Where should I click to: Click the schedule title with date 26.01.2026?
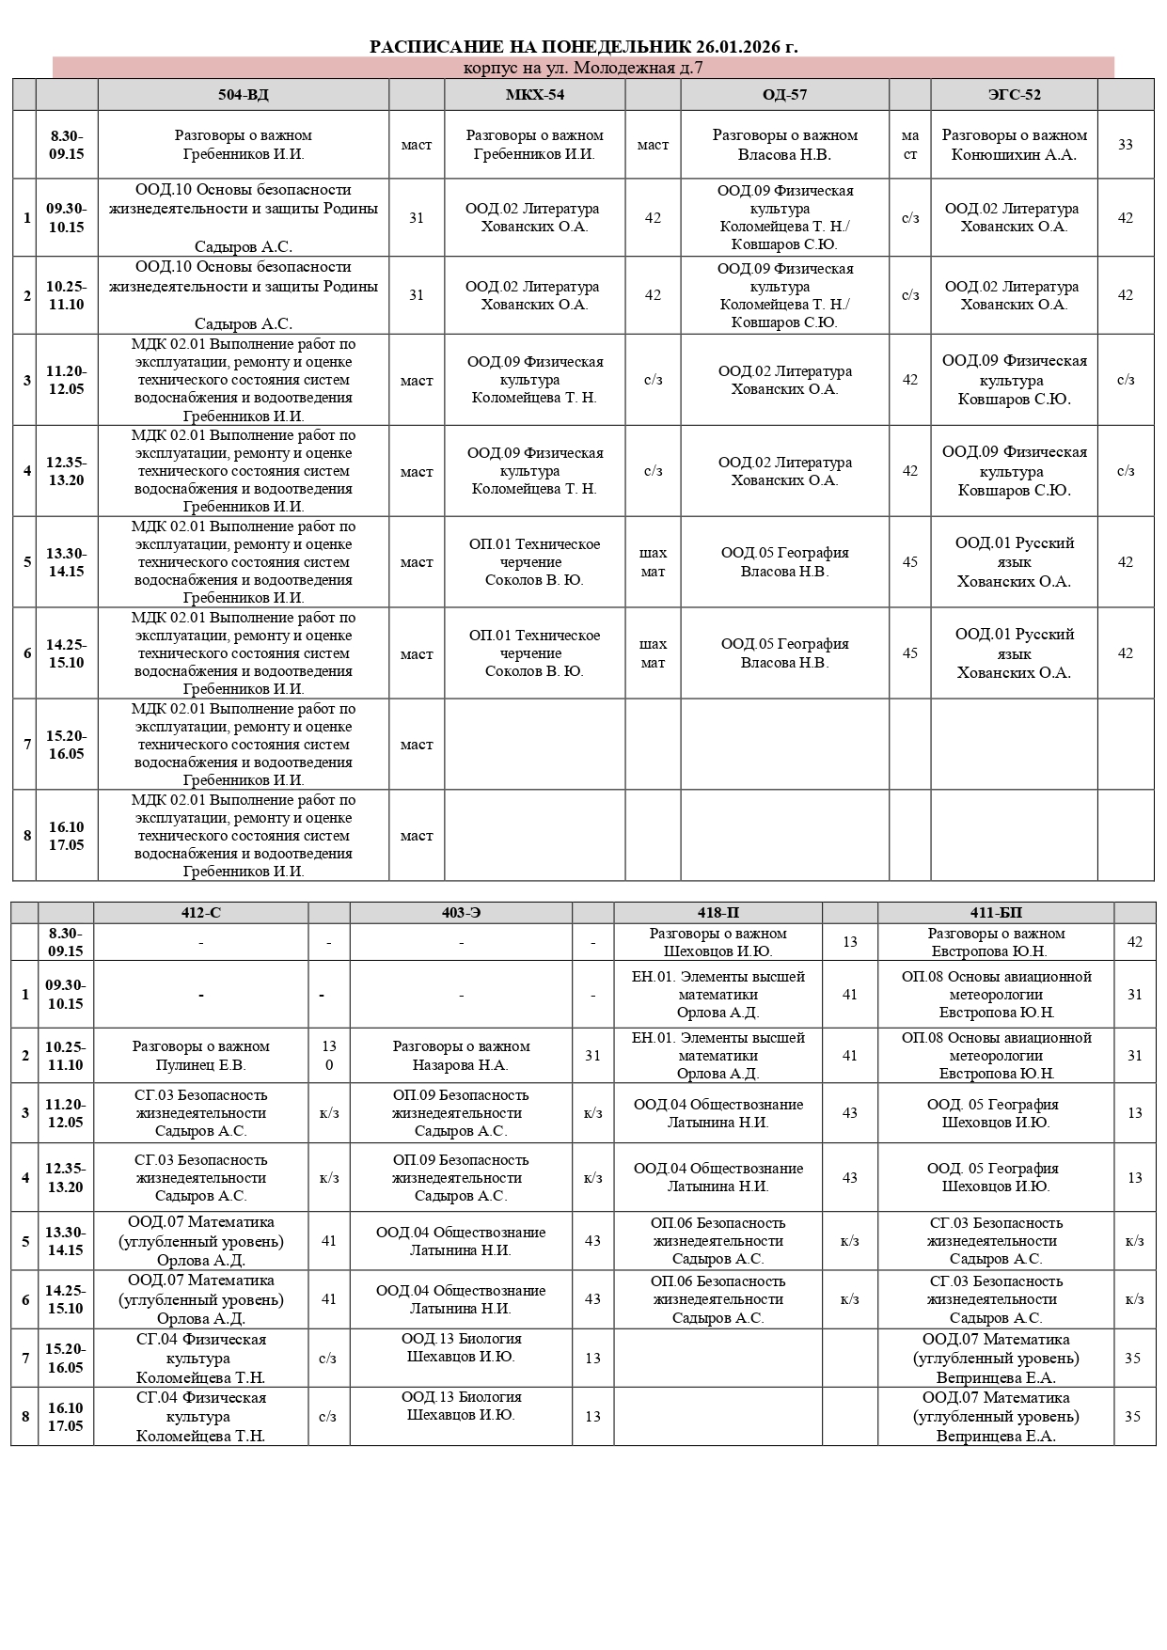[x=583, y=46]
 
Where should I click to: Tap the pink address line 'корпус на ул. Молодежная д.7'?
[x=583, y=68]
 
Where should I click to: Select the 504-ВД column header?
[x=243, y=95]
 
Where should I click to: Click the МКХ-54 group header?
[x=534, y=95]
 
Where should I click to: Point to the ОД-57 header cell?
[x=784, y=95]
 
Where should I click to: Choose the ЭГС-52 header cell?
[x=1014, y=95]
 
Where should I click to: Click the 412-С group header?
[x=200, y=913]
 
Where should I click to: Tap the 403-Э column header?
[x=461, y=913]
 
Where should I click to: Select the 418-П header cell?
[x=718, y=913]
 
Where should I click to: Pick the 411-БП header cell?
[x=996, y=913]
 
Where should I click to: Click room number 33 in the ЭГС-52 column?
[x=1125, y=145]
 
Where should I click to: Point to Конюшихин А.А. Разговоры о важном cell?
[x=1014, y=145]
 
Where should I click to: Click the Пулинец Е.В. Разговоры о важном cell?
[x=200, y=1056]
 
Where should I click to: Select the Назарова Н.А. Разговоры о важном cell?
[x=461, y=1056]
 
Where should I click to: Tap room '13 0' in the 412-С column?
[x=328, y=1056]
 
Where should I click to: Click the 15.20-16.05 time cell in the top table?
[x=66, y=745]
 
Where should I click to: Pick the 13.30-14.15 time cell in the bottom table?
[x=65, y=1241]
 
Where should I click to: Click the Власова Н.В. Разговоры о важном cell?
[x=784, y=145]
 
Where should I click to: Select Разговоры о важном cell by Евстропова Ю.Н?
[x=996, y=942]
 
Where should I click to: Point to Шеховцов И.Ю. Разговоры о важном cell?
[x=718, y=942]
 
